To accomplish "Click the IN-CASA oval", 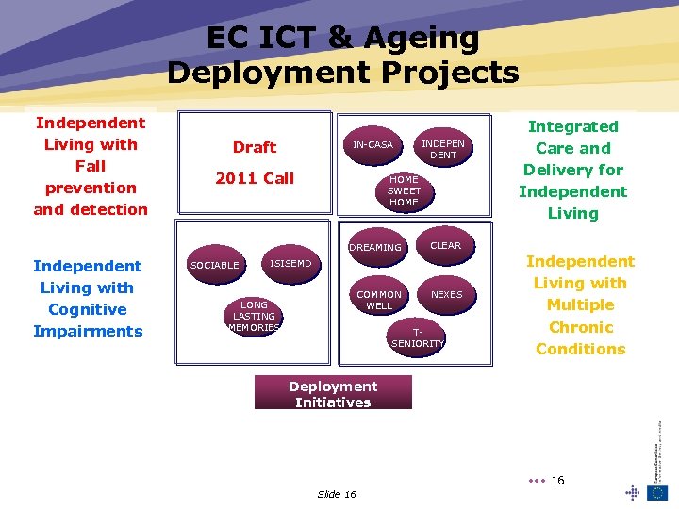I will click(x=373, y=145).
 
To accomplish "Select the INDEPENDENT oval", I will click(x=443, y=149).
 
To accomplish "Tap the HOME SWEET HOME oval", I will click(x=404, y=190).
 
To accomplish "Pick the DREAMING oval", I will click(x=375, y=247).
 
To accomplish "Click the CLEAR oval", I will click(x=446, y=245).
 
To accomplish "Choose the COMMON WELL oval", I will click(x=379, y=300).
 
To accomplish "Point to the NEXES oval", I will click(x=446, y=295).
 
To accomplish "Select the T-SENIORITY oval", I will click(x=417, y=337).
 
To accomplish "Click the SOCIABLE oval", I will click(x=215, y=265).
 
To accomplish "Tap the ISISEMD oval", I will click(x=290, y=264).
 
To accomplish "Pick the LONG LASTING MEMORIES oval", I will click(x=254, y=316).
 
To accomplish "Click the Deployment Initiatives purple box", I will click(x=333, y=393).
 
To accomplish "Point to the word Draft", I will click(x=255, y=147).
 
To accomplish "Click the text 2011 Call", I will click(x=255, y=178).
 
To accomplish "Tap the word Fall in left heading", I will click(x=91, y=166).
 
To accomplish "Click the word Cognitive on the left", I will click(x=87, y=309).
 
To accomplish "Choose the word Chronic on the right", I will click(x=580, y=327).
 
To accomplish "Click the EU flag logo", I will click(x=657, y=492).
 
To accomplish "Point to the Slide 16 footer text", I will click(x=337, y=495).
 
